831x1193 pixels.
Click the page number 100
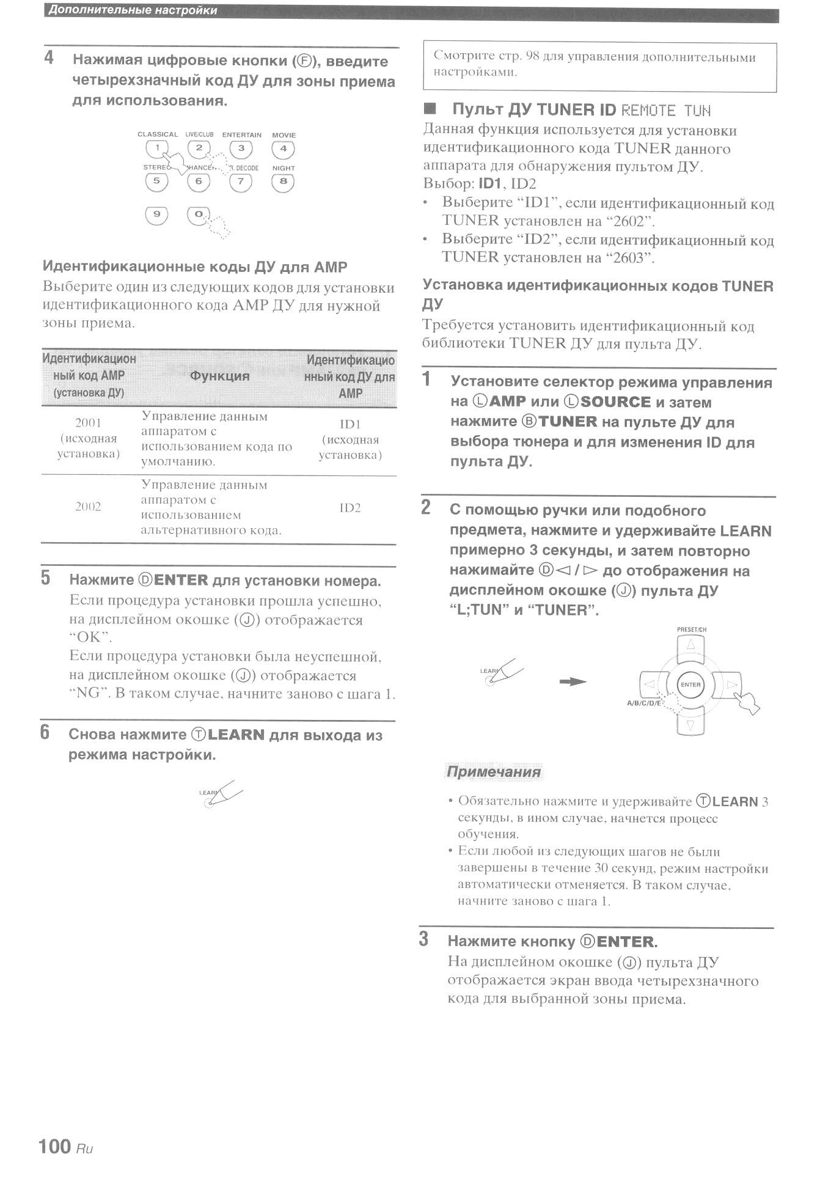[54, 1146]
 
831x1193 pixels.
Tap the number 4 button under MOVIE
[283, 149]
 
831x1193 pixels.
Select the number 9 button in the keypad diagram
[156, 215]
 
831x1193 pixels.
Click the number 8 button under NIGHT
[283, 182]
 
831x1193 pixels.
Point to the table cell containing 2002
[88, 507]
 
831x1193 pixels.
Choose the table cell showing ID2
[350, 508]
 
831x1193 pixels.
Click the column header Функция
[219, 376]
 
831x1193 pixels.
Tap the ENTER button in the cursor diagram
[690, 685]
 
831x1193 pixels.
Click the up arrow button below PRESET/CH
[690, 645]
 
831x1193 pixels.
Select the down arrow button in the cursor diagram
[690, 725]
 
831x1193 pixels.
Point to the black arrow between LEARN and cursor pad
[573, 681]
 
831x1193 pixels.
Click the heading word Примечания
[494, 772]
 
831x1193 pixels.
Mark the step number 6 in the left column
[45, 732]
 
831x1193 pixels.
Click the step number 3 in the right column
[423, 939]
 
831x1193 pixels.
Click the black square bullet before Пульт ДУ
[430, 109]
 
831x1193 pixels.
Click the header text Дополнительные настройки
[133, 10]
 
